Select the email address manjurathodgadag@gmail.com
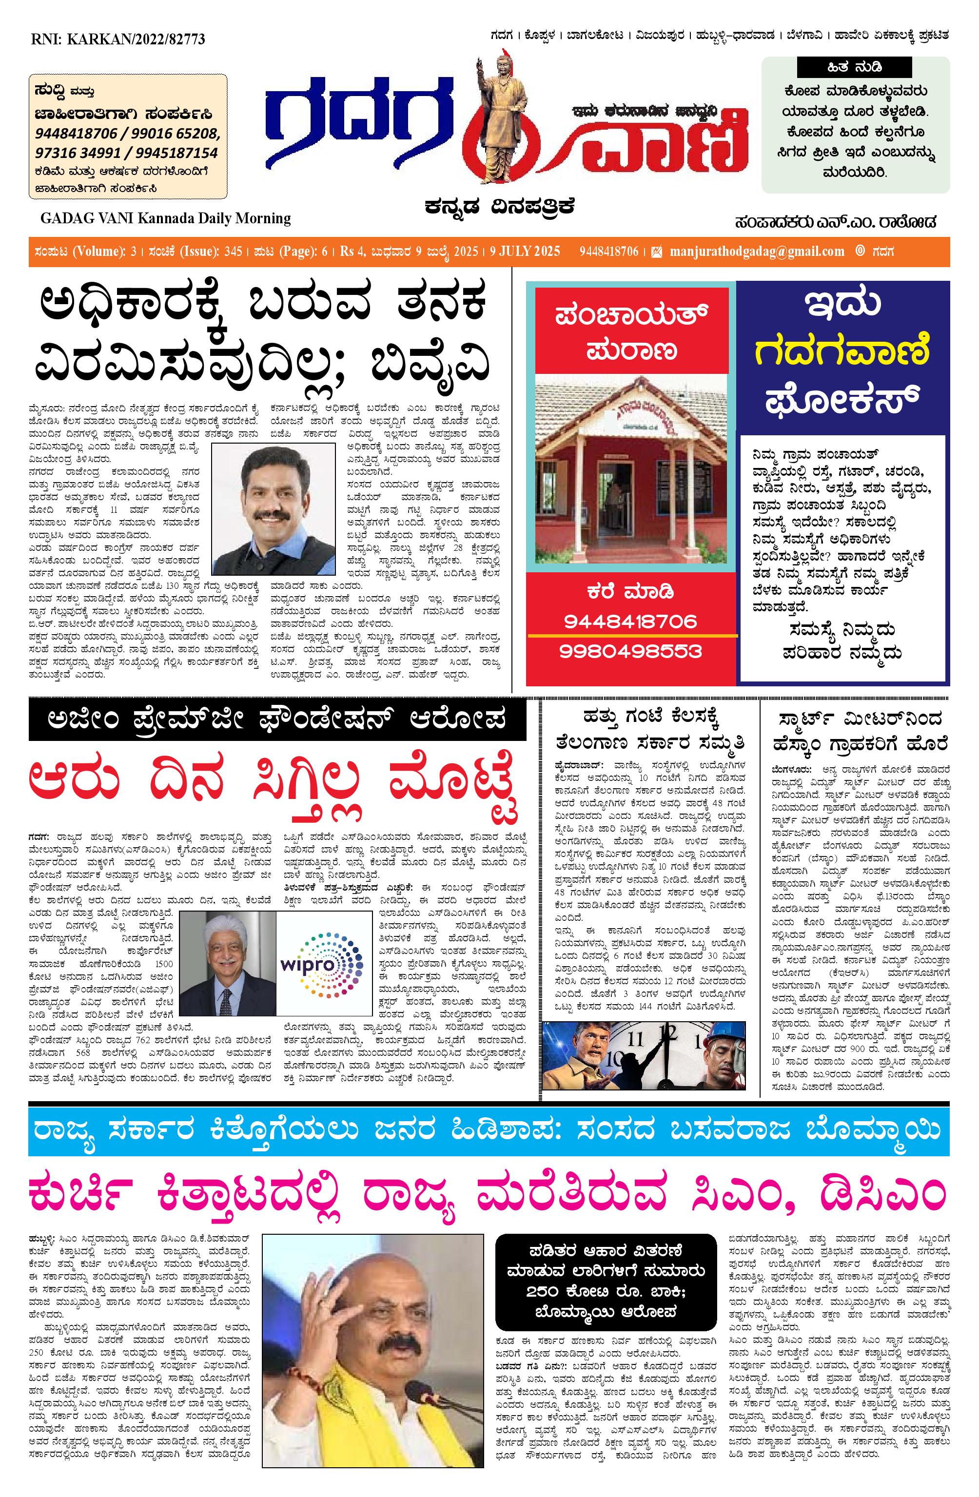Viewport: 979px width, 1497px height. [756, 252]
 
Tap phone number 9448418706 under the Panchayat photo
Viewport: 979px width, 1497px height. [630, 622]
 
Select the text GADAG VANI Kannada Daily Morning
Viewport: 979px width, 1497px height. [165, 219]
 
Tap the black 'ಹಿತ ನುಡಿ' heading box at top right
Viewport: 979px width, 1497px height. [854, 67]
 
